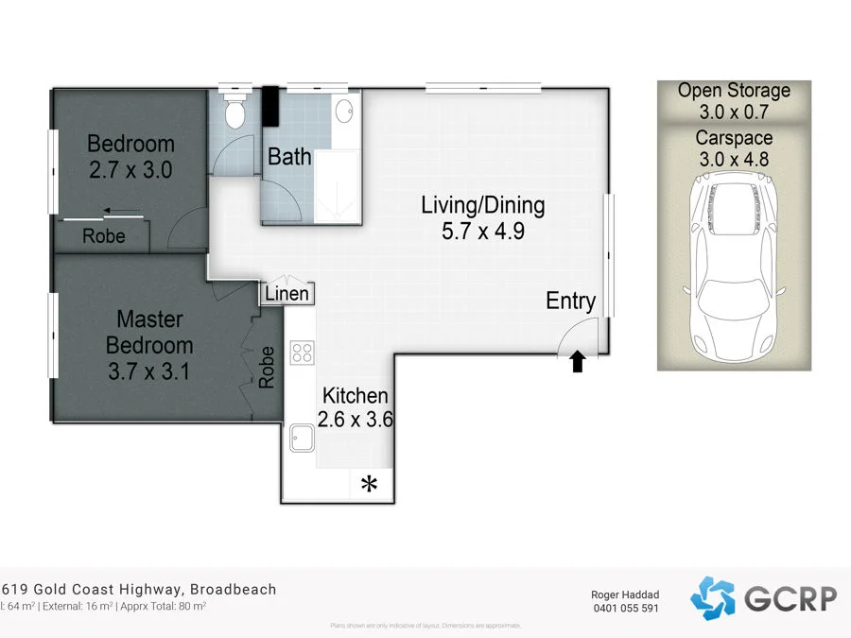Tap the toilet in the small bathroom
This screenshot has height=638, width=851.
pos(234,112)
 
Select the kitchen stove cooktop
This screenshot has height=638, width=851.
pos(303,353)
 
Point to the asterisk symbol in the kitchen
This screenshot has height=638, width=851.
pos(369,485)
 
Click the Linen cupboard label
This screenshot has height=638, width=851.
pos(287,294)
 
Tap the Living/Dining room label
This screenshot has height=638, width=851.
pos(482,204)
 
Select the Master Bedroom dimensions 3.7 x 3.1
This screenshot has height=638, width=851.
pos(149,371)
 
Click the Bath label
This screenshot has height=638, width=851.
pos(289,157)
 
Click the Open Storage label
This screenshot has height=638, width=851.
pos(734,91)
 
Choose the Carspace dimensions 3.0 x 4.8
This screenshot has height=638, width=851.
pos(734,160)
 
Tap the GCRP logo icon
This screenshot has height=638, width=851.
pos(712,597)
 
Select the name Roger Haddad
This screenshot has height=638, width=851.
pos(624,594)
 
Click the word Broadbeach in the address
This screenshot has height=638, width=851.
pos(234,589)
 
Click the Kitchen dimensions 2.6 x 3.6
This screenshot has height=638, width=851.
pos(356,420)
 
